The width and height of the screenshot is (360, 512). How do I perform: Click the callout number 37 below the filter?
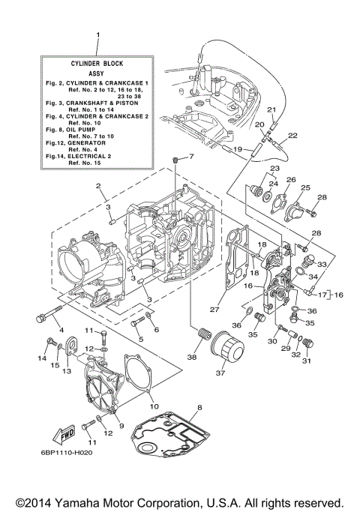tap(220, 372)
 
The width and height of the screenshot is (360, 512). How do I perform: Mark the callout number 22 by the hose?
tap(271, 135)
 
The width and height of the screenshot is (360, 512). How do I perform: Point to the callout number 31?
tap(305, 361)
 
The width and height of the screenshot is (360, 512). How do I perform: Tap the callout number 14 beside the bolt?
tap(42, 358)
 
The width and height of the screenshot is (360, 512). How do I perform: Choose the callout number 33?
tap(323, 264)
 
